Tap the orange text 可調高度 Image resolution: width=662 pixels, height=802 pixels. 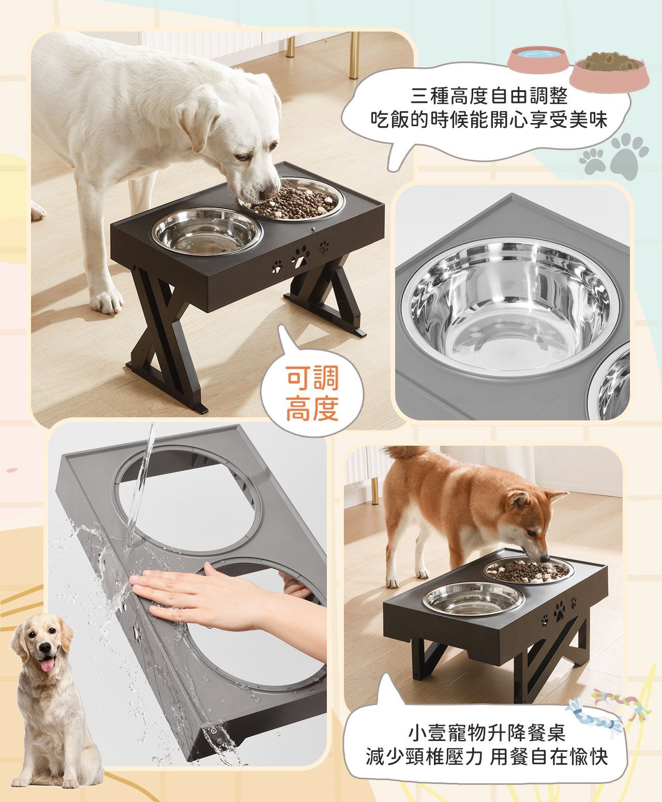312,393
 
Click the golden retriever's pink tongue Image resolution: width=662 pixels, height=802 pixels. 47,665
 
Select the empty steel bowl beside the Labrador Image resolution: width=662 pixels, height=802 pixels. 207,231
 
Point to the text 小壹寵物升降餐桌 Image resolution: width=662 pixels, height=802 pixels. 486,733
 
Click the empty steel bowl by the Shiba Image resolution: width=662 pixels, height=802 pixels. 473,598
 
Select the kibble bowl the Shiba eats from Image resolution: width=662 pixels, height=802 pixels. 530,570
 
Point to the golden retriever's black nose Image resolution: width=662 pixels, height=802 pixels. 46,648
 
